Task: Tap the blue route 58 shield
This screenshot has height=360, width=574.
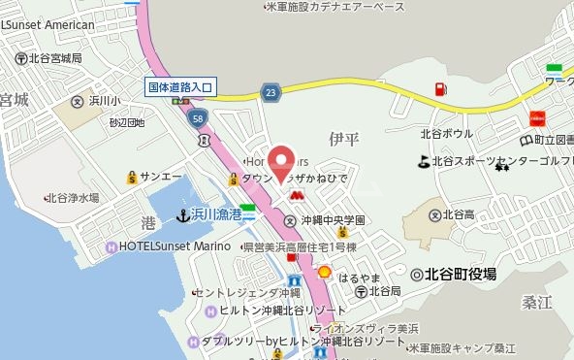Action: click(x=198, y=117)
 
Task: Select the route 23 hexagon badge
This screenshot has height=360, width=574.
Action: click(x=270, y=90)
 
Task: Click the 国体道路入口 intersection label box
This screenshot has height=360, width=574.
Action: click(x=180, y=86)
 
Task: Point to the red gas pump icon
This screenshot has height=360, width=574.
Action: click(x=441, y=90)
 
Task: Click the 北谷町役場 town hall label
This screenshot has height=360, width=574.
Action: click(x=460, y=275)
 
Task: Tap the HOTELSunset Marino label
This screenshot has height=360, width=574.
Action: click(x=175, y=246)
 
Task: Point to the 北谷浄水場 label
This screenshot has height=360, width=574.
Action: click(x=73, y=197)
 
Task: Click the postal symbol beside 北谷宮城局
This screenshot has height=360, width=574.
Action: click(x=19, y=58)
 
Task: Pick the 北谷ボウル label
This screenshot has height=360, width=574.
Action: click(x=447, y=133)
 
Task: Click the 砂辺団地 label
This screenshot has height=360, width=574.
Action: click(x=127, y=123)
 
